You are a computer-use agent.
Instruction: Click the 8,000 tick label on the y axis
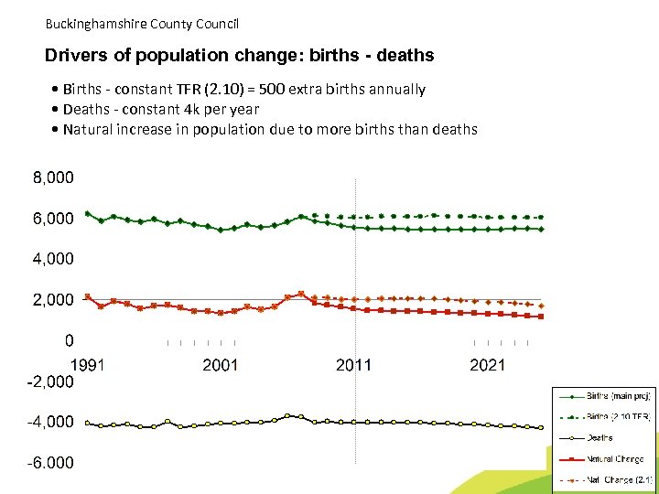[54, 177]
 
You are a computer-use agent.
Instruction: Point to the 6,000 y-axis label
[54, 219]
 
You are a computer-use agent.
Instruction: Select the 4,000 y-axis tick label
[54, 259]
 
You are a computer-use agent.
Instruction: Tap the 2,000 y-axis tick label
[54, 300]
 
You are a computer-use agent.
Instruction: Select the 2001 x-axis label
[220, 365]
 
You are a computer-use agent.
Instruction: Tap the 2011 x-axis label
[353, 365]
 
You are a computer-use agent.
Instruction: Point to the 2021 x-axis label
[487, 365]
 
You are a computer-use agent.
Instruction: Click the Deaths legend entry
[600, 438]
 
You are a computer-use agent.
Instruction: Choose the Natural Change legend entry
[614, 458]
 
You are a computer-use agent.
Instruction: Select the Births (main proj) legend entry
[618, 397]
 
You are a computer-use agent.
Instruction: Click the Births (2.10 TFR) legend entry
[618, 417]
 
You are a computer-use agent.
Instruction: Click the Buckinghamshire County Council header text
[141, 24]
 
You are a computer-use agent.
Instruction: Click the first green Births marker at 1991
[87, 214]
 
